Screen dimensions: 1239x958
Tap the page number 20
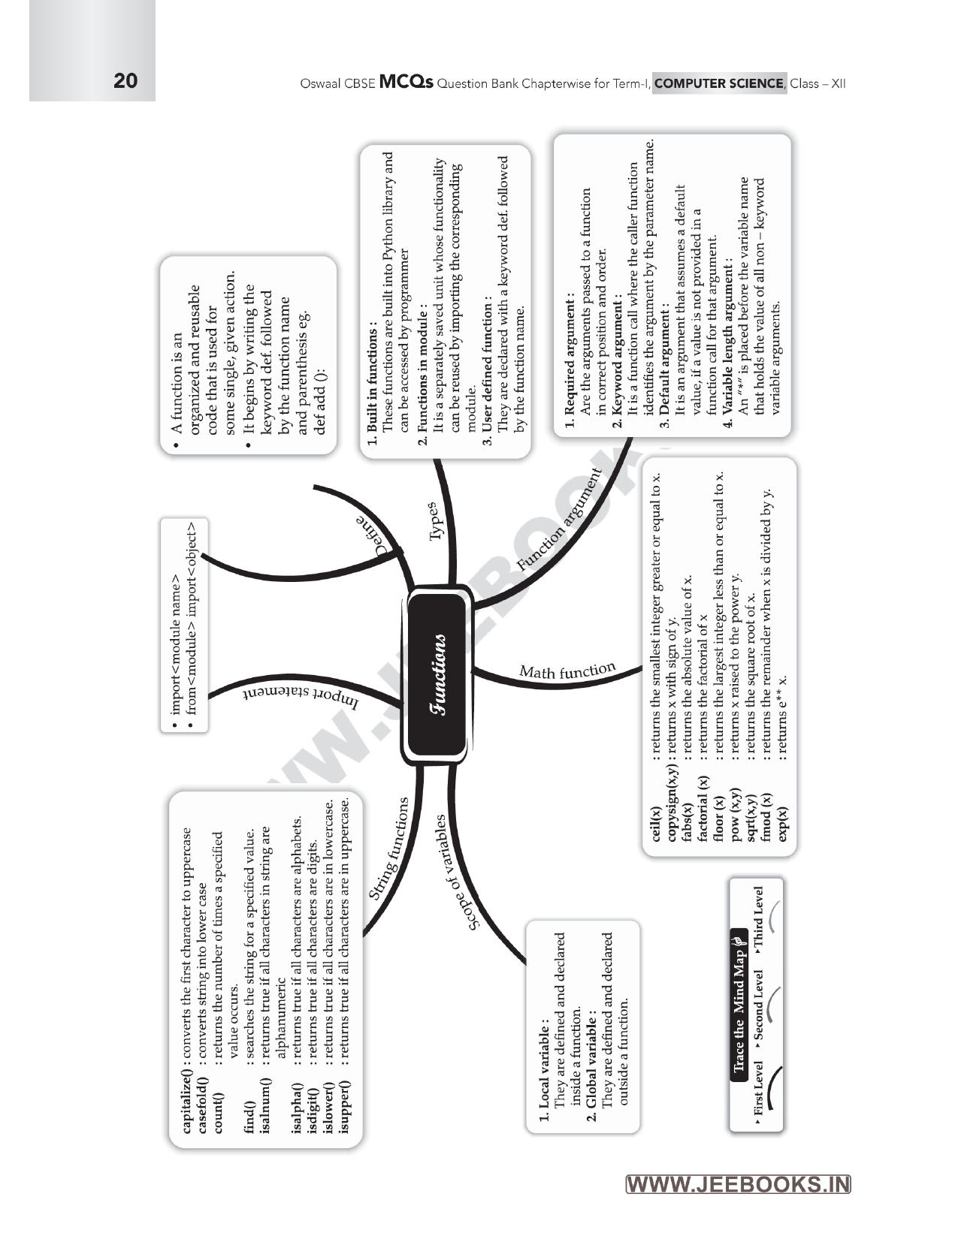tap(125, 81)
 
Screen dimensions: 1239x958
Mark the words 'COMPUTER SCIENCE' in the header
tap(719, 83)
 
